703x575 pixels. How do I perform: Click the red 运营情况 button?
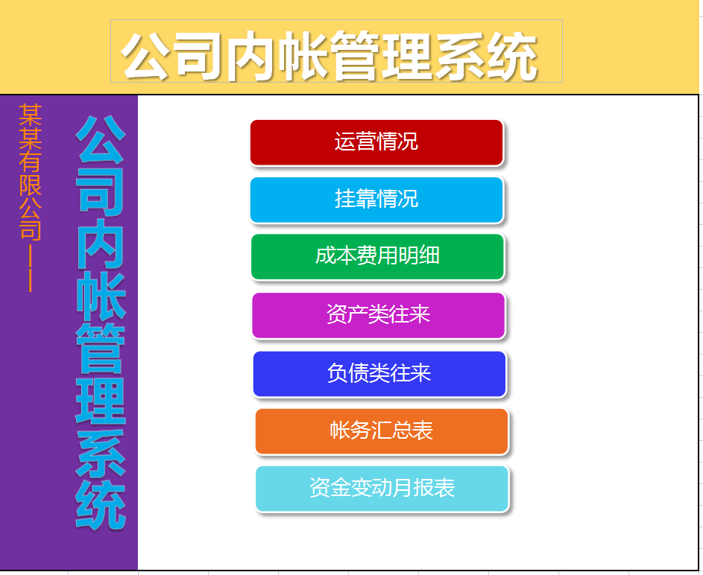376,142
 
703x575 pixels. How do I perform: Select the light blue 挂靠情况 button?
376,200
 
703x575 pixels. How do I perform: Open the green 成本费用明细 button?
377,256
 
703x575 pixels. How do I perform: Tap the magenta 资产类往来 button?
378,314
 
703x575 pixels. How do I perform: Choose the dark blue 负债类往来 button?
379,373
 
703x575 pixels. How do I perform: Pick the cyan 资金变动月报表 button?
382,488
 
